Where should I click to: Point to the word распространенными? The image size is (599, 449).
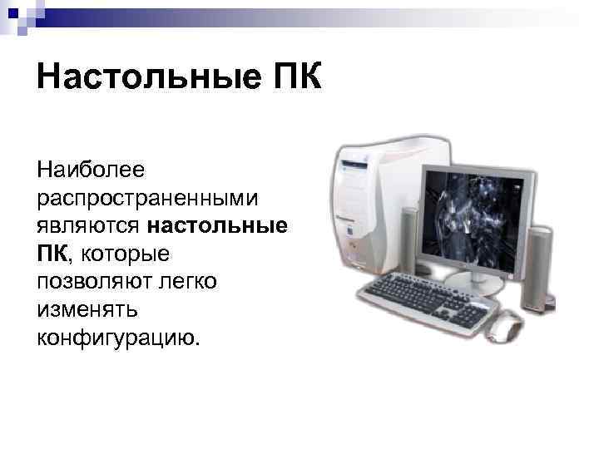coord(148,198)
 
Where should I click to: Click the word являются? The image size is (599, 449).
coord(89,224)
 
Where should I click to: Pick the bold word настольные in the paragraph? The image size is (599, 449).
coord(218,224)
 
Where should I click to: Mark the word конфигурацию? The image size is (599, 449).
coord(117,337)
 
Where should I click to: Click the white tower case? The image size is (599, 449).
coord(370,208)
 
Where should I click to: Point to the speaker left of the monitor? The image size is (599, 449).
coord(409,241)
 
